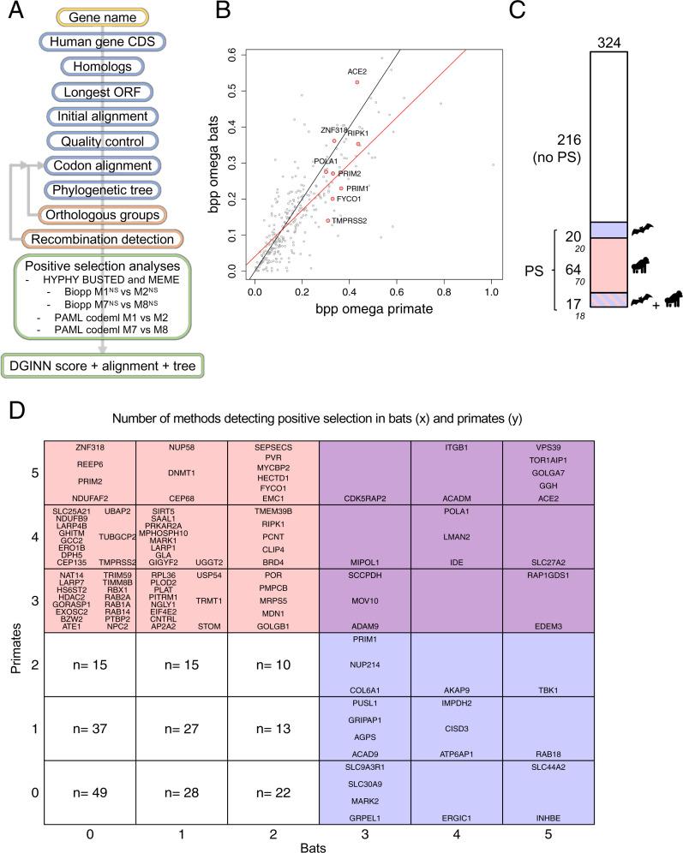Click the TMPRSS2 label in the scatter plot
click(350, 220)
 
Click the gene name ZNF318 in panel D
click(88, 446)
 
